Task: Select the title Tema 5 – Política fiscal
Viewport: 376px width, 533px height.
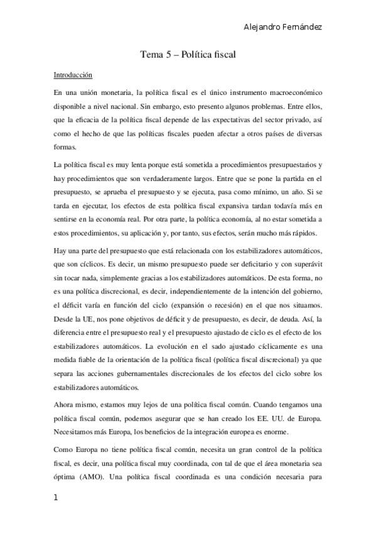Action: tap(188, 55)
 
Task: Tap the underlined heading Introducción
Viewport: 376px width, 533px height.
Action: tap(73, 75)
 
